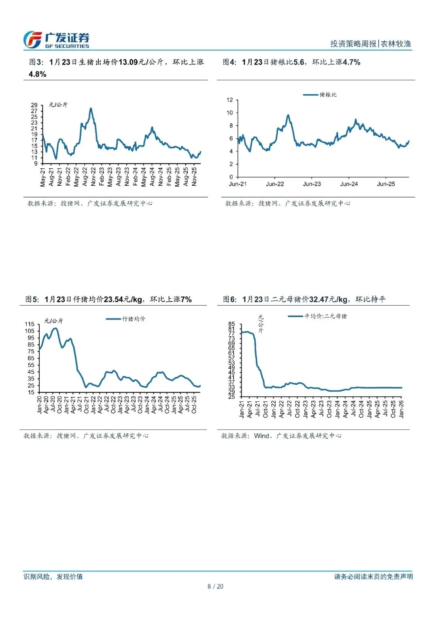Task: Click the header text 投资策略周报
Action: point(353,44)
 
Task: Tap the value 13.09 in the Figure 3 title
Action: point(128,62)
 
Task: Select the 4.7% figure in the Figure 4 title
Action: point(351,62)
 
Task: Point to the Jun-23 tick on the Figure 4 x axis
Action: point(312,184)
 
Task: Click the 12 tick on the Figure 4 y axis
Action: point(230,100)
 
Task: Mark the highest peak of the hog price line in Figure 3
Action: point(91,108)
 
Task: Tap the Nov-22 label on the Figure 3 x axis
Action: point(93,177)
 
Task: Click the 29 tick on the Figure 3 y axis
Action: point(34,105)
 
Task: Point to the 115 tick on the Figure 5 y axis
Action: point(30,324)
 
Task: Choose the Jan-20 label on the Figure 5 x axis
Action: point(39,404)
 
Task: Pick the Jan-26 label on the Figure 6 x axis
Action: point(401,409)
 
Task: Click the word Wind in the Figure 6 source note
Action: point(261,436)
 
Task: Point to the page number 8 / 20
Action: point(215,586)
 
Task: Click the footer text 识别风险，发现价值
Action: point(53,577)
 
